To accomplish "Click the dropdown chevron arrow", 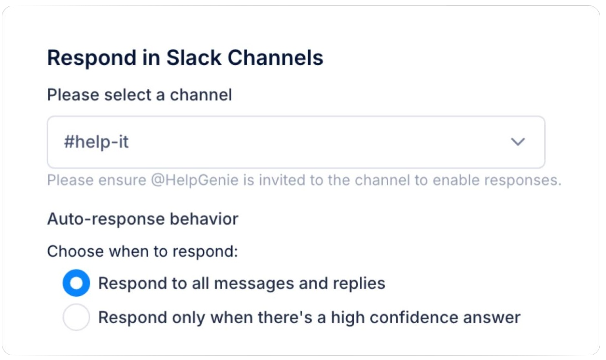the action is click(x=518, y=142).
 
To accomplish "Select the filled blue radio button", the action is click(x=76, y=283).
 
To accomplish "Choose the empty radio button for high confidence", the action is click(x=76, y=317).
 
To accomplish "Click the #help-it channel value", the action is click(x=96, y=142).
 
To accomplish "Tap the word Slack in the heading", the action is click(x=194, y=58).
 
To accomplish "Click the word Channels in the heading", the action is click(x=275, y=58).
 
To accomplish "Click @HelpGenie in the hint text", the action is click(x=195, y=180).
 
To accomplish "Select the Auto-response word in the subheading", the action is click(x=106, y=219).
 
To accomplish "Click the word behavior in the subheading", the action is click(x=204, y=219).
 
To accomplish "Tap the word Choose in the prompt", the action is click(x=75, y=251).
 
